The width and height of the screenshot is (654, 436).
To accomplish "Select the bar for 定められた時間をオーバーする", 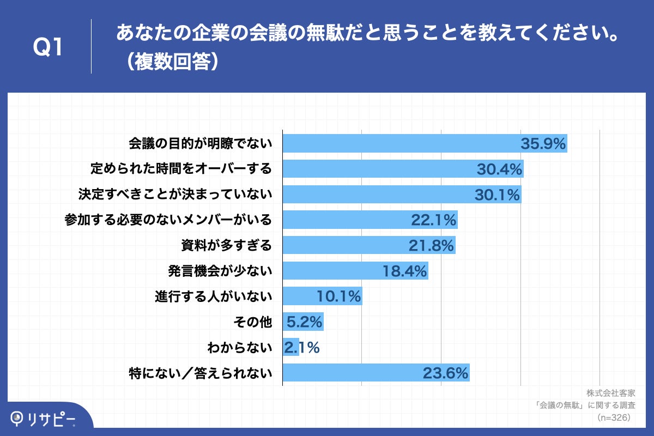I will pyautogui.click(x=403, y=169).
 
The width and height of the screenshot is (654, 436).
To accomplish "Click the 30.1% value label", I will pyautogui.click(x=497, y=195).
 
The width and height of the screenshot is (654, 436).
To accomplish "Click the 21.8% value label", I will pyautogui.click(x=432, y=246).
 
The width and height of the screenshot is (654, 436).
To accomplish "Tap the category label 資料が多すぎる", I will pyautogui.click(x=226, y=246).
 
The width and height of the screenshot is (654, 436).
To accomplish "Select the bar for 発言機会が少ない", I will pyautogui.click(x=355, y=271).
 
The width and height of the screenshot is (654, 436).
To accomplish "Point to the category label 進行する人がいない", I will pyautogui.click(x=213, y=296).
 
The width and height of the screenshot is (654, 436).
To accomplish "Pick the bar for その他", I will pyautogui.click(x=303, y=322).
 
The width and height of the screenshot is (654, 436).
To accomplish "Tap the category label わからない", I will pyautogui.click(x=239, y=347).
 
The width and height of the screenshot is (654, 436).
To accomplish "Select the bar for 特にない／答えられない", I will pyautogui.click(x=376, y=373).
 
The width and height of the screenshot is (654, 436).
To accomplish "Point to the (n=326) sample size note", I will pyautogui.click(x=614, y=417).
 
